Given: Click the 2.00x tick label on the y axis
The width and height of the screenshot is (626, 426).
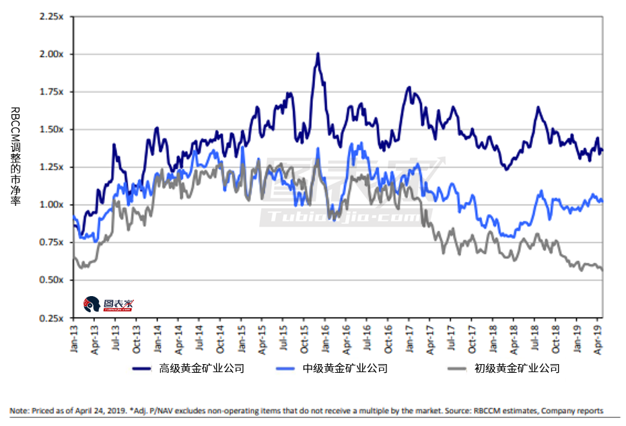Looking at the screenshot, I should coord(53,54).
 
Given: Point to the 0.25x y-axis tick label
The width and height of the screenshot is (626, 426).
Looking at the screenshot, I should coord(53,318).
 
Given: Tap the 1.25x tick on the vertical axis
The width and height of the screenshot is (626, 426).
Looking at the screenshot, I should coord(53,167).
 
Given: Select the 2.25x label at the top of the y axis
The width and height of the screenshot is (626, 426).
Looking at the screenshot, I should coord(53,16).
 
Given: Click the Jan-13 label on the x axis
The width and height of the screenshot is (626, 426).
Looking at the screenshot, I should coord(73,336).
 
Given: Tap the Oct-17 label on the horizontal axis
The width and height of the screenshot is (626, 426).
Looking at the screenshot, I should coord(474,336).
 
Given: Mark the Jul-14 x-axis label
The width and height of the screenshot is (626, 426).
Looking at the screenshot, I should coord(199,336).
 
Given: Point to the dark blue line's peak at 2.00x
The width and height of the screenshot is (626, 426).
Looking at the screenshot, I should coord(317,54).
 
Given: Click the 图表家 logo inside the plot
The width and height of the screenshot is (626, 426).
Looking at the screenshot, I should coord(108,304).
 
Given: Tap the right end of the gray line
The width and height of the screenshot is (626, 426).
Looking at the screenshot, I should coord(602,270).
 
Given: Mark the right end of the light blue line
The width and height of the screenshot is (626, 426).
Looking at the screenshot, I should coord(602,201).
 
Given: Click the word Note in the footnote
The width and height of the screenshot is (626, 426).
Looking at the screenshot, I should coord(19,411).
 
